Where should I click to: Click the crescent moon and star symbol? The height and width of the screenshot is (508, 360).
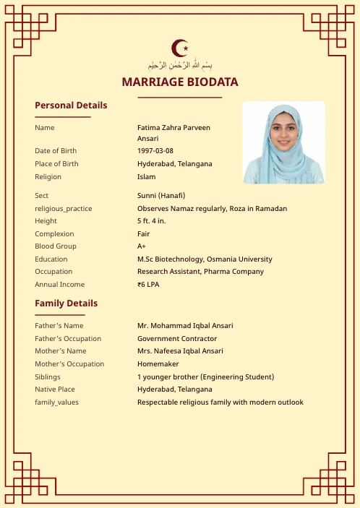pyautogui.click(x=180, y=48)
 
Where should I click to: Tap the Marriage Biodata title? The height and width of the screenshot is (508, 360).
pyautogui.click(x=180, y=82)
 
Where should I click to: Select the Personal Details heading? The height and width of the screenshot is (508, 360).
pyautogui.click(x=71, y=106)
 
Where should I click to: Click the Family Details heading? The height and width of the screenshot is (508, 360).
pyautogui.click(x=66, y=303)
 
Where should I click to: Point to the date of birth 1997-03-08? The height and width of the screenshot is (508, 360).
pyautogui.click(x=155, y=151)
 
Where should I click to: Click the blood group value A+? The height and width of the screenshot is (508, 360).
pyautogui.click(x=142, y=246)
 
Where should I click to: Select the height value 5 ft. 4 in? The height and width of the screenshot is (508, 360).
pyautogui.click(x=151, y=221)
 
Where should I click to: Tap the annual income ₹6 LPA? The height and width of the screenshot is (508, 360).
pyautogui.click(x=148, y=285)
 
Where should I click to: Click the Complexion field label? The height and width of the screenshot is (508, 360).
pyautogui.click(x=54, y=234)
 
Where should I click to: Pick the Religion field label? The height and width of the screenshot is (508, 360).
pyautogui.click(x=48, y=176)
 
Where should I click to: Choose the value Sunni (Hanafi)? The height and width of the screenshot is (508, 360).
pyautogui.click(x=161, y=196)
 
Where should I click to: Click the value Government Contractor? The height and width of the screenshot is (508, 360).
pyautogui.click(x=177, y=339)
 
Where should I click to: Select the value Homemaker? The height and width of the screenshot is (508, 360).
pyautogui.click(x=158, y=364)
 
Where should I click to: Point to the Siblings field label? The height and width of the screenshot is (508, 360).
pyautogui.click(x=48, y=377)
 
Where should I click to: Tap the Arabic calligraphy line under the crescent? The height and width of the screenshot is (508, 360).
pyautogui.click(x=180, y=66)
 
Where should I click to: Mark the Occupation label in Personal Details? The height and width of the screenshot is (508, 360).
pyautogui.click(x=53, y=272)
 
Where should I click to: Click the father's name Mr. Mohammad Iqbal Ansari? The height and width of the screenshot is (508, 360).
pyautogui.click(x=185, y=326)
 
